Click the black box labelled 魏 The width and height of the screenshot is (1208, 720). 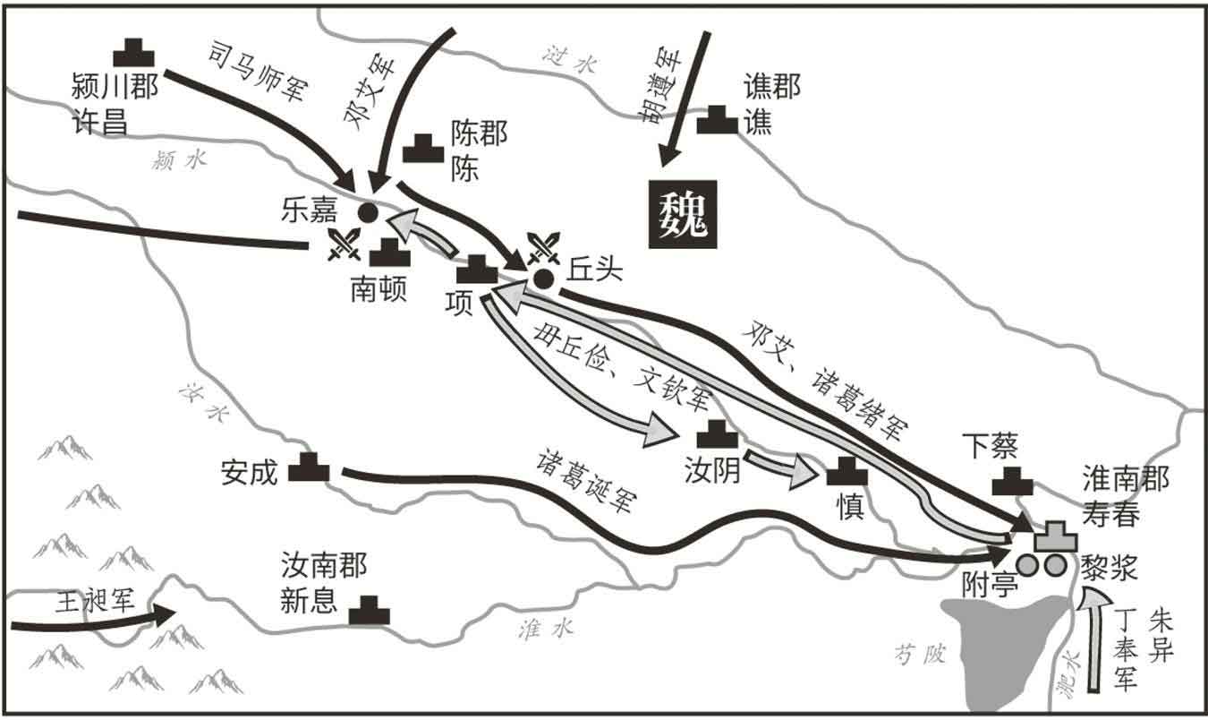point(683,213)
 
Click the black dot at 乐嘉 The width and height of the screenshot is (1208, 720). point(366,212)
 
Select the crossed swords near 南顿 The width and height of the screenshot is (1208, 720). point(343,244)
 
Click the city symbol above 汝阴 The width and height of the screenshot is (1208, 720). point(717,435)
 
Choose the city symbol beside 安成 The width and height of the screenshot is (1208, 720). point(309,467)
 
